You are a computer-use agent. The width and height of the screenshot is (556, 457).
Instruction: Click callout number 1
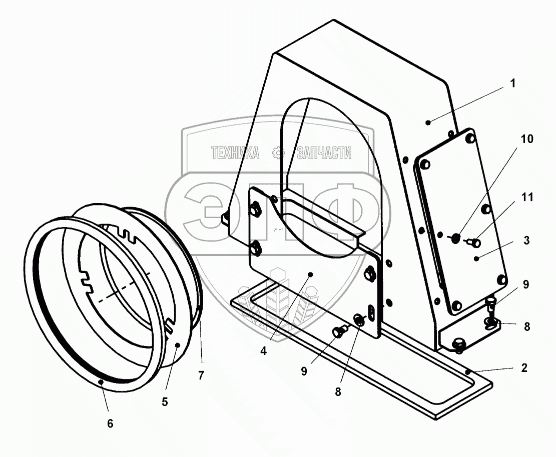pyautogui.click(x=512, y=83)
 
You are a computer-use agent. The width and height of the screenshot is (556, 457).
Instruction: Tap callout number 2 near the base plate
pyautogui.click(x=524, y=368)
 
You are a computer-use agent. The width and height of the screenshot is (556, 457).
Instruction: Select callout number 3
pyautogui.click(x=525, y=239)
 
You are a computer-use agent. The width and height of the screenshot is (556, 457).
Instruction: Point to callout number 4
pyautogui.click(x=264, y=350)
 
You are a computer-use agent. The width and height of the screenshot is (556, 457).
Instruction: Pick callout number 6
pyautogui.click(x=110, y=423)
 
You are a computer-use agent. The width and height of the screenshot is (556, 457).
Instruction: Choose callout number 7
pyautogui.click(x=201, y=376)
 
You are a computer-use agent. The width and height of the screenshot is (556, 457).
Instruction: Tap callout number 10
pyautogui.click(x=527, y=138)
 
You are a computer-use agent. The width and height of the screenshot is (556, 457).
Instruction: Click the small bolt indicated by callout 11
pyautogui.click(x=474, y=243)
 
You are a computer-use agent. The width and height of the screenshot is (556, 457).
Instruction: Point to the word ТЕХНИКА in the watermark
pyautogui.click(x=235, y=152)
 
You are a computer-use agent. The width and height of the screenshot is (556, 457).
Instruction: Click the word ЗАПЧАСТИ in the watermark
pyautogui.click(x=324, y=152)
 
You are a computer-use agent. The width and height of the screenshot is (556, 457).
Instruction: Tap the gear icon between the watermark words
pyautogui.click(x=277, y=152)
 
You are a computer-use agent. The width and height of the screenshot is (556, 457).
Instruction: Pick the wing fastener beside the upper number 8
pyautogui.click(x=491, y=323)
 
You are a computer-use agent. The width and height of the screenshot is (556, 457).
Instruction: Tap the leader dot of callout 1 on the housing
pyautogui.click(x=427, y=122)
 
